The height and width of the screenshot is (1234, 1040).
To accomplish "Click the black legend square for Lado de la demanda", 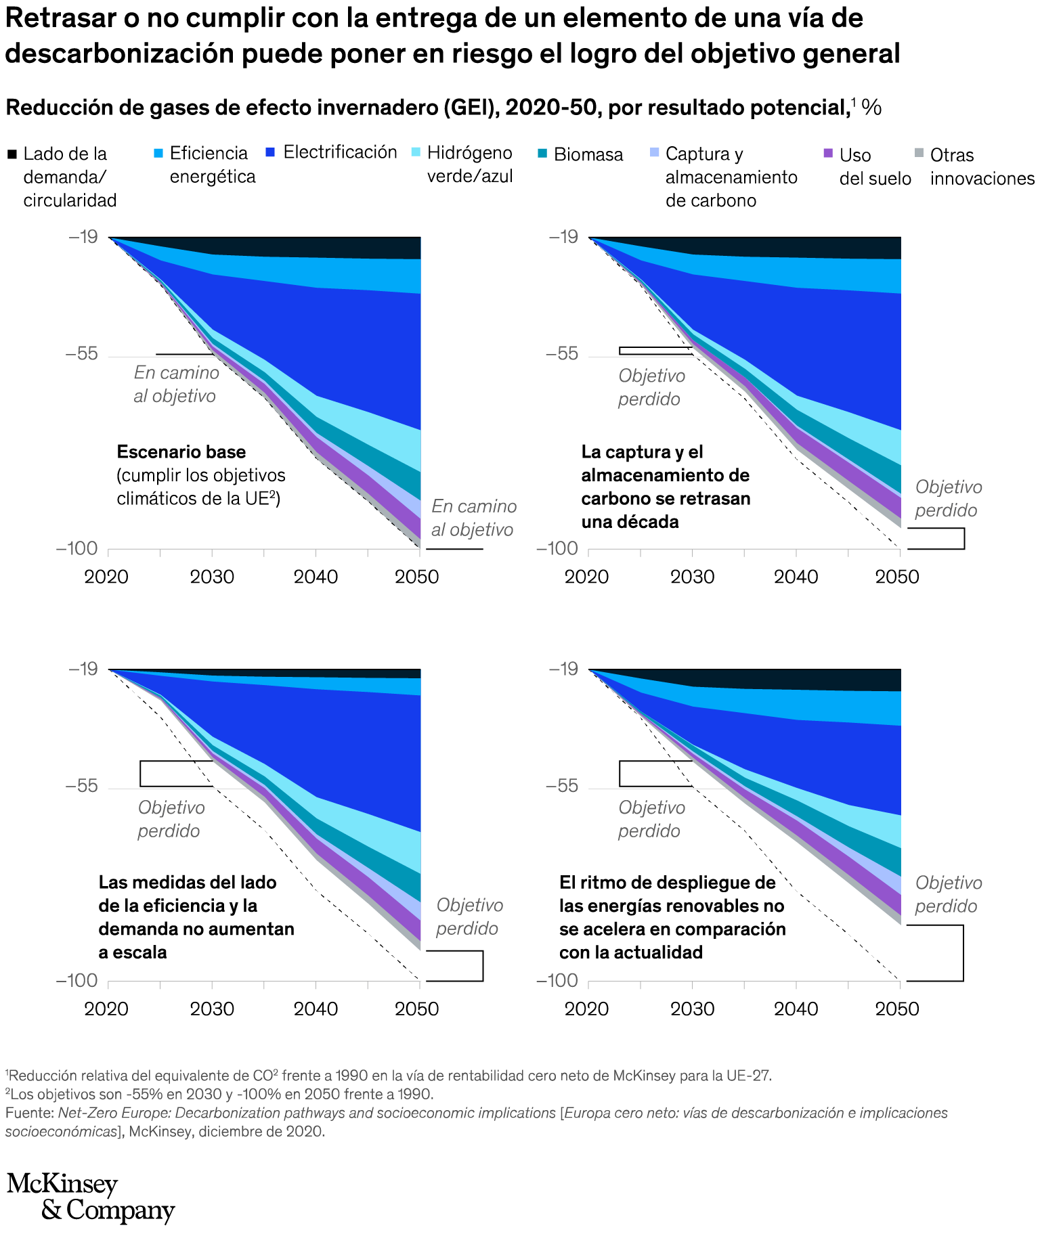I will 12,155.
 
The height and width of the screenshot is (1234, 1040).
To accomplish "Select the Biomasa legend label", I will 588,155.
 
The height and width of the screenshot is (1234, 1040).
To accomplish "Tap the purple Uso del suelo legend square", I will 827,155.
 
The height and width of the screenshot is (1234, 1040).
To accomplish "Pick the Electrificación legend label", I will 340,152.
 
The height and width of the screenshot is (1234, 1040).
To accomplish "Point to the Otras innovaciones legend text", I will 982,167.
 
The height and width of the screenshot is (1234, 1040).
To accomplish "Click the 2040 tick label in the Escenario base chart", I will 316,577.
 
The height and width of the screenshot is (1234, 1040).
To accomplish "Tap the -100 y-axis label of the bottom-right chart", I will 553,980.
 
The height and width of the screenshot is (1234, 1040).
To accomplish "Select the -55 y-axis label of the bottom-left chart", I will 83,787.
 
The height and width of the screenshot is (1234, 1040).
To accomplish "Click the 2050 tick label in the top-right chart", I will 898,577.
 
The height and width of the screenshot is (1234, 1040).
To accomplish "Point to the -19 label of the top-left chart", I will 83,237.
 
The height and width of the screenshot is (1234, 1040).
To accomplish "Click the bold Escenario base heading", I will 181,452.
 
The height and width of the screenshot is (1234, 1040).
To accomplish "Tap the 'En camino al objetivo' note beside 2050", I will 473,518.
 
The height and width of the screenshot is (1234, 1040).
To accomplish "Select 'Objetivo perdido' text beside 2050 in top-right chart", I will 948,499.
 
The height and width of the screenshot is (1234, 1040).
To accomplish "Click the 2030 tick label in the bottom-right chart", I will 692,1009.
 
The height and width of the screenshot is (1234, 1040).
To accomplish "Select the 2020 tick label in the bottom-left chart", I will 106,1009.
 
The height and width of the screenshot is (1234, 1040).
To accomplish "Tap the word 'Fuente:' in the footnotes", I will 29,1113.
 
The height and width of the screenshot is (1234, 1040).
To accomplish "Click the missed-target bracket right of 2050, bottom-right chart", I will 962,952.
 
